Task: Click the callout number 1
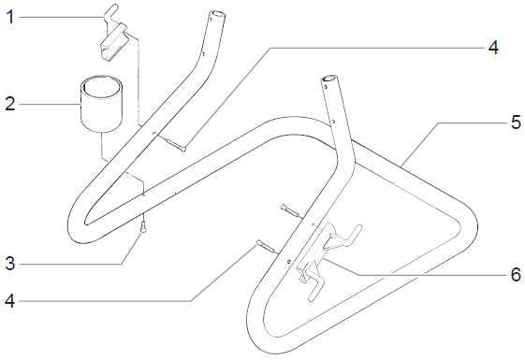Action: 10,17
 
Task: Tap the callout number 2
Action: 10,104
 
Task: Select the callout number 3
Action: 10,264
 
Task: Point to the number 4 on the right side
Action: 493,48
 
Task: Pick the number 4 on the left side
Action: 9,301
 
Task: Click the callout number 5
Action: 516,122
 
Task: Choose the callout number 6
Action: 516,274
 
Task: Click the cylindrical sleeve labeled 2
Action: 102,104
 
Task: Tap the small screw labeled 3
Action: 143,228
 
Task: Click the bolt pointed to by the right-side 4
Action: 174,142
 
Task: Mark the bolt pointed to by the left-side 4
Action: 265,247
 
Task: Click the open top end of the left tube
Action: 216,16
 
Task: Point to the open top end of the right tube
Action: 329,79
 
